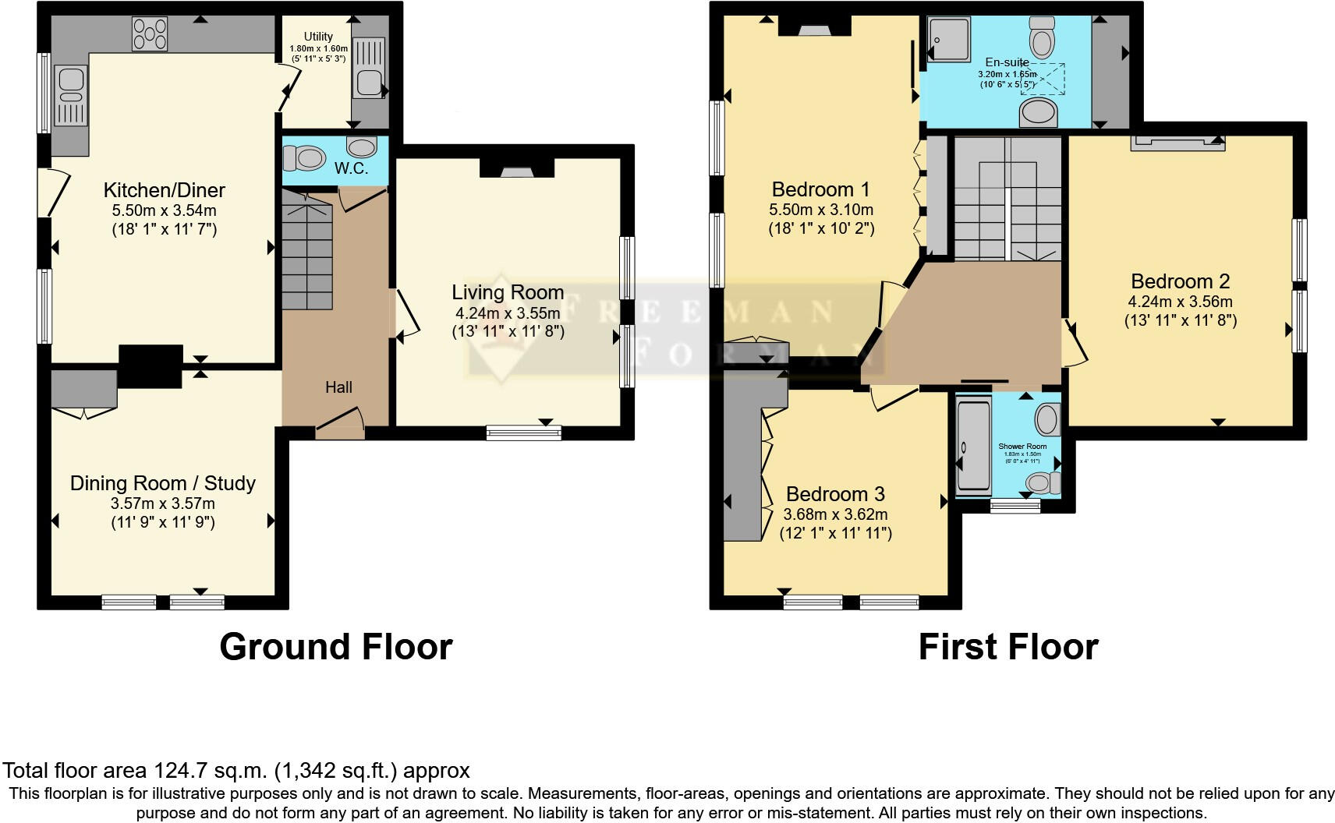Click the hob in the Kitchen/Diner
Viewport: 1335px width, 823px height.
point(150,34)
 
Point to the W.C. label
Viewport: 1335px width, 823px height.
point(351,168)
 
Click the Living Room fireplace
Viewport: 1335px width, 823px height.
point(515,169)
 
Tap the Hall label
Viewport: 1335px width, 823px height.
point(338,387)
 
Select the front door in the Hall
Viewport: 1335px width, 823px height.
point(340,427)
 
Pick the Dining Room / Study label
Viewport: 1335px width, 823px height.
point(163,483)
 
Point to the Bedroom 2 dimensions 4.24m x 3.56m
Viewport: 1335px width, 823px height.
point(1180,302)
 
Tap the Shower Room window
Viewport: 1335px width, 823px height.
point(1015,506)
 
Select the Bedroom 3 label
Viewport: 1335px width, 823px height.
point(835,494)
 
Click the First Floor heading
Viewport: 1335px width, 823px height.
point(1008,647)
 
